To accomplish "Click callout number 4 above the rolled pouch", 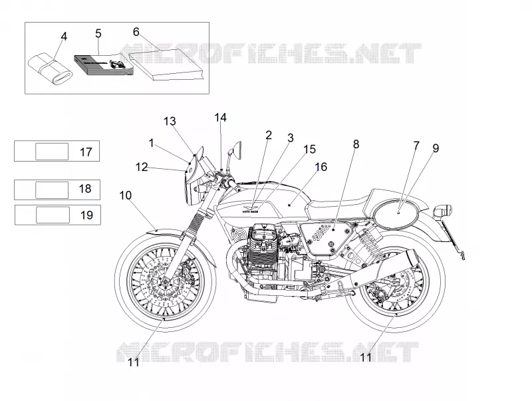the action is pos(64,37).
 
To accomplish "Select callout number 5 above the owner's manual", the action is pos(98,34).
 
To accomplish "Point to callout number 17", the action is pos(86,152).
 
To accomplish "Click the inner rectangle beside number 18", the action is pos(52,190).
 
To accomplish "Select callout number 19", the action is pos(86,215).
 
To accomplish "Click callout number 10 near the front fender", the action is pos(125,196).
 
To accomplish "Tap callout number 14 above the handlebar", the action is pos(220,118).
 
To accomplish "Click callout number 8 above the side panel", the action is pos(356,144).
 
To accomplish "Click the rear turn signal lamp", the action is pos(443,210).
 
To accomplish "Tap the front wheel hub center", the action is pos(165,281).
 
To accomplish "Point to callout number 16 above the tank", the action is pos(321,167).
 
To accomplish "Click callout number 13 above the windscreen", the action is pos(170,121).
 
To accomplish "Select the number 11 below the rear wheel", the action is pos(365,357).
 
